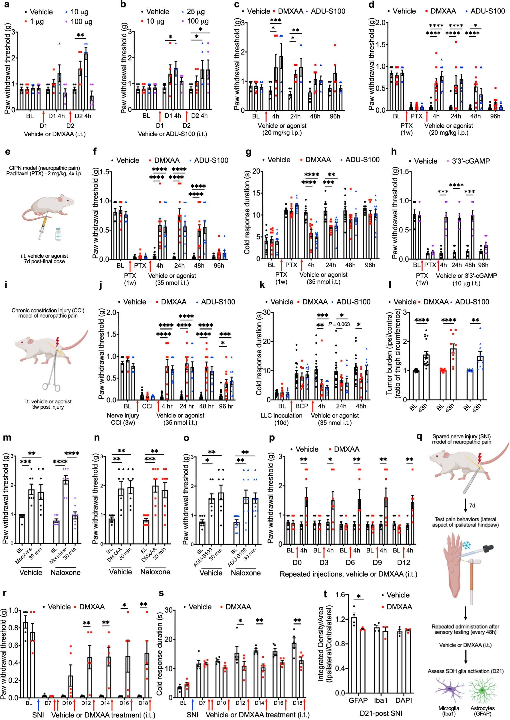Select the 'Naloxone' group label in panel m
(x=66, y=573)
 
